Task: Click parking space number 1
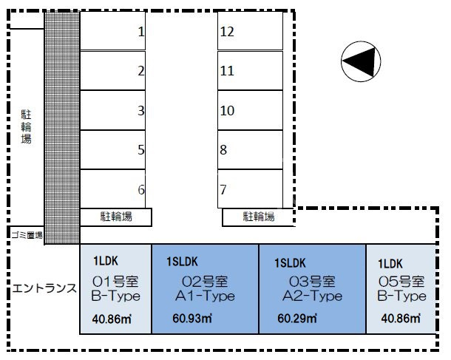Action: pos(112,31)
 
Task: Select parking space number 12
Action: pos(250,31)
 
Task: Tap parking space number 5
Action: pos(112,149)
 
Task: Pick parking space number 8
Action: pos(250,149)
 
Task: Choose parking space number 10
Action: pos(250,110)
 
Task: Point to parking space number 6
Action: pos(112,189)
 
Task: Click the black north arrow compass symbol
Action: pos(361,61)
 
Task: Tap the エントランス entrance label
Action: pos(44,288)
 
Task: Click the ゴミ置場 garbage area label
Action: pos(27,235)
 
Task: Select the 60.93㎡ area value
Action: pos(192,319)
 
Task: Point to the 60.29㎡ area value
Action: pos(297,319)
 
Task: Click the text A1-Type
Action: pos(205,296)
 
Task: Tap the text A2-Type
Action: pos(312,296)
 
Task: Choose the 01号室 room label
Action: pos(115,282)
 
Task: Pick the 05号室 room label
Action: pos(401,282)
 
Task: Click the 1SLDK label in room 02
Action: pos(182,262)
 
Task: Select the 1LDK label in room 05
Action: pos(390,264)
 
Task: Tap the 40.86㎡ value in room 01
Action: pos(112,319)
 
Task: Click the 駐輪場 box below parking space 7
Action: pos(258,217)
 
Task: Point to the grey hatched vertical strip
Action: pos(62,128)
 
